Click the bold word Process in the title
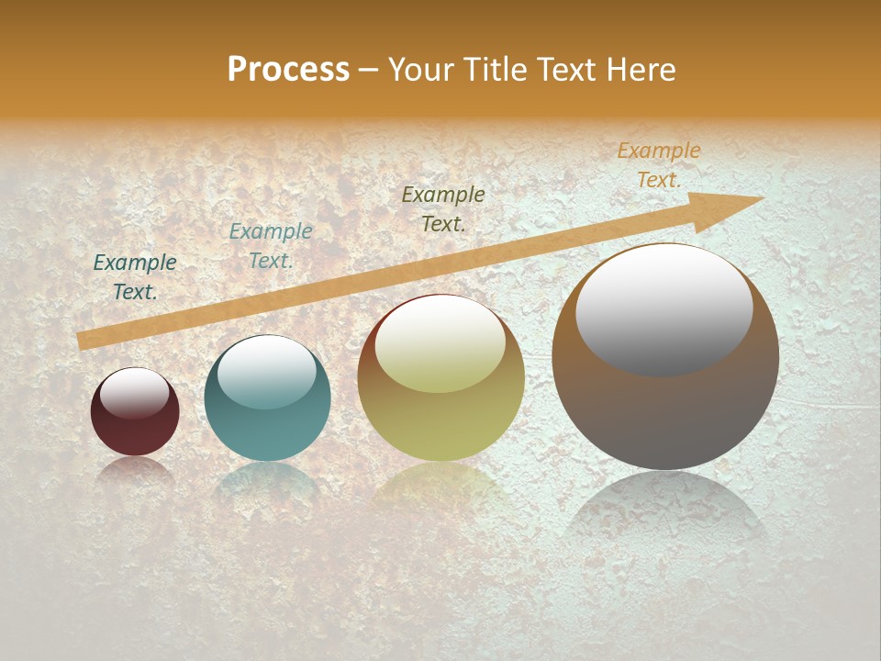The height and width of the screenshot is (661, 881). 288,70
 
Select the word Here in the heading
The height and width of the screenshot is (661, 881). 641,70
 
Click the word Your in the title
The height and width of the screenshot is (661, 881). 421,70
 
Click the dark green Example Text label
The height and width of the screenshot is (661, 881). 135,277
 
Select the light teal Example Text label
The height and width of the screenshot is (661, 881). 270,246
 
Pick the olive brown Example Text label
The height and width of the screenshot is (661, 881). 443,209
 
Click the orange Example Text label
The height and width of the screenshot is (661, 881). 658,165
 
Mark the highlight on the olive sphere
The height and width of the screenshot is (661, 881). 440,345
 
